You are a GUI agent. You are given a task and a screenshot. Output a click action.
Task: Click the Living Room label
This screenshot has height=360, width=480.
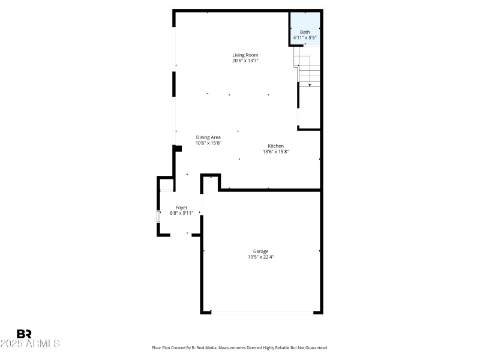pos(245,55)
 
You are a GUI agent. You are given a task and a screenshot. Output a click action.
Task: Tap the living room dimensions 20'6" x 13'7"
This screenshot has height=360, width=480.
pos(245,61)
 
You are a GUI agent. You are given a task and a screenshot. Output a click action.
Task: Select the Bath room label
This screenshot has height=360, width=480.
pos(305,32)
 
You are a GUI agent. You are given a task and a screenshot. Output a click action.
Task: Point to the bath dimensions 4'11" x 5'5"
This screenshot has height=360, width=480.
pos(305,37)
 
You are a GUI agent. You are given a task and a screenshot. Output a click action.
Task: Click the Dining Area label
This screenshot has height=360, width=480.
pos(208,137)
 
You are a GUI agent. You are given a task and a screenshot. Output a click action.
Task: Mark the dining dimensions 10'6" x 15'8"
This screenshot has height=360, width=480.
pos(208,143)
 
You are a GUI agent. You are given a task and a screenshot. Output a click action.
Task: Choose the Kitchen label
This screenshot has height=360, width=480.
pos(275,146)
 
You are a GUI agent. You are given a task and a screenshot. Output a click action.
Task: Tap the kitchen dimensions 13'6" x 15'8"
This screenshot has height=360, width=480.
pos(275,152)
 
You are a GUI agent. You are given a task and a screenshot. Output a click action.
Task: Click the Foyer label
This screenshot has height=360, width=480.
pos(181,208)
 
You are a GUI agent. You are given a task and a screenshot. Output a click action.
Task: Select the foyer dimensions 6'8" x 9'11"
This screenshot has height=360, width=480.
pos(181,213)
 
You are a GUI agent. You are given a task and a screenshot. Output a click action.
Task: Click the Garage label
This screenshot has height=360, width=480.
pos(260,251)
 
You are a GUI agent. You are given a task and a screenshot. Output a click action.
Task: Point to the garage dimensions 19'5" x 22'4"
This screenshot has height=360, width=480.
pos(260,257)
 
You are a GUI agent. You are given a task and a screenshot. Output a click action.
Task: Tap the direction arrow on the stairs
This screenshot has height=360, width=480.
pos(310,84)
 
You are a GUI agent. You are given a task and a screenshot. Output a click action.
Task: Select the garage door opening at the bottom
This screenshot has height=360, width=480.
pos(262,312)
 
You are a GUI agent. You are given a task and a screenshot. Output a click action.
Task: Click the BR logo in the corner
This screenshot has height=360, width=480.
pos(23,334)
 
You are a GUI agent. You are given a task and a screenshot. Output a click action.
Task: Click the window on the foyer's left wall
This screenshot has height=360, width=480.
pos(158,217)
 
